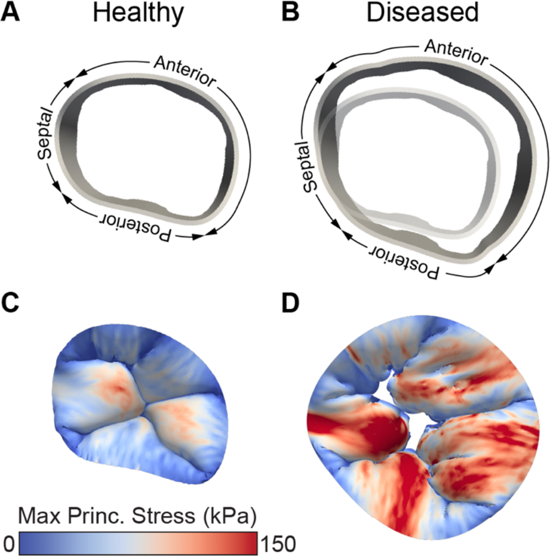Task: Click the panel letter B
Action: coord(291,13)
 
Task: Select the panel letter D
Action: coord(291,304)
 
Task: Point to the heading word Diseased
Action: coord(422,13)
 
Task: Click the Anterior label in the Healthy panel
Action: coord(185,71)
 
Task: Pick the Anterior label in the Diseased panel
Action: coord(456,52)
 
